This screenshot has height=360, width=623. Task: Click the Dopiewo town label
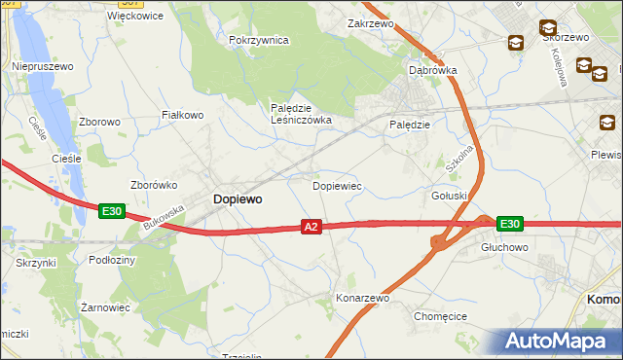click(x=237, y=198)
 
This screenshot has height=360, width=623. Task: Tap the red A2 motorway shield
click(x=311, y=226)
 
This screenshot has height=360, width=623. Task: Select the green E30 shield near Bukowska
click(x=111, y=210)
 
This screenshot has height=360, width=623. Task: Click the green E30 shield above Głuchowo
click(x=509, y=224)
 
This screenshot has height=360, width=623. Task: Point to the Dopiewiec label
click(x=337, y=185)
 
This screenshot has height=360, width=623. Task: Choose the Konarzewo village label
click(x=362, y=298)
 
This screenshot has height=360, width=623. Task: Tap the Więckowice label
click(x=135, y=16)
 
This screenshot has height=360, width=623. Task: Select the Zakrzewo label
click(x=369, y=22)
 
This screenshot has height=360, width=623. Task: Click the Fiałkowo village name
click(x=182, y=115)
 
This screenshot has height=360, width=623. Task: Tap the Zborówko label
click(x=152, y=185)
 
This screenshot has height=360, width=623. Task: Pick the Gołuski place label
click(x=450, y=196)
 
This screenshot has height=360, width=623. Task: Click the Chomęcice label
click(x=441, y=316)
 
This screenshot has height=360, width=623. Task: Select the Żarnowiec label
click(x=105, y=306)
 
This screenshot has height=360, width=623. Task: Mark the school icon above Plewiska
click(x=607, y=123)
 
